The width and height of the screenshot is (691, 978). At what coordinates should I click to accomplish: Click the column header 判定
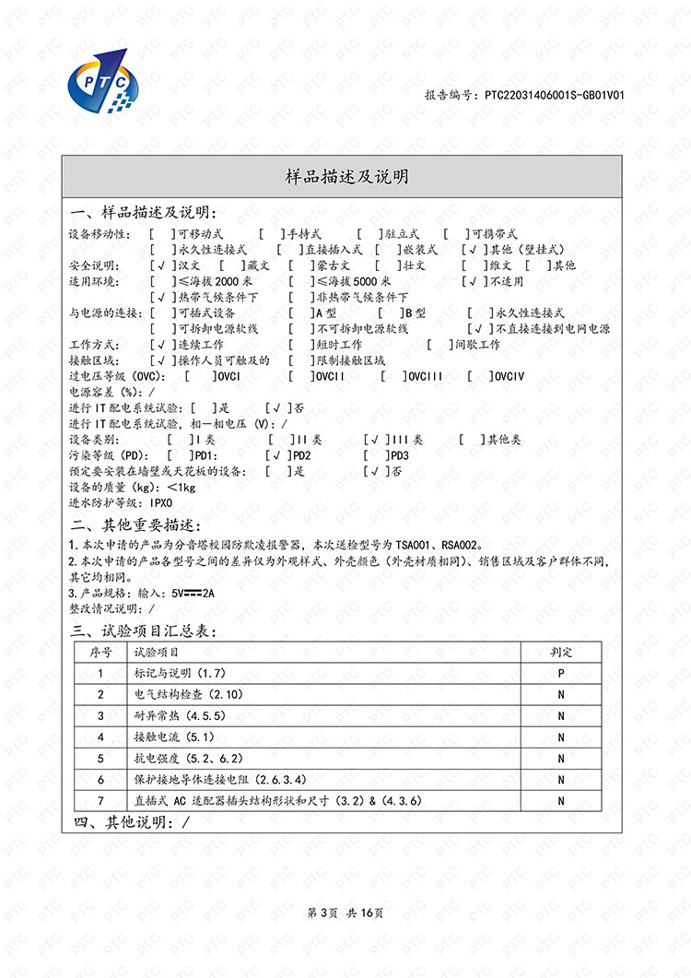pyautogui.click(x=561, y=652)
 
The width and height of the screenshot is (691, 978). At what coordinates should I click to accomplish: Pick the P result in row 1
pyautogui.click(x=561, y=673)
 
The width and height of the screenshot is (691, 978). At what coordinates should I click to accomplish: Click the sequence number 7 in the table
pyautogui.click(x=101, y=800)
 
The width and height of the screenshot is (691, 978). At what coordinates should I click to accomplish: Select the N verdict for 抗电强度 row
pyautogui.click(x=561, y=758)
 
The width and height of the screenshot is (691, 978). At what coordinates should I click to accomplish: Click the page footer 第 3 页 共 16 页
pyautogui.click(x=345, y=913)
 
